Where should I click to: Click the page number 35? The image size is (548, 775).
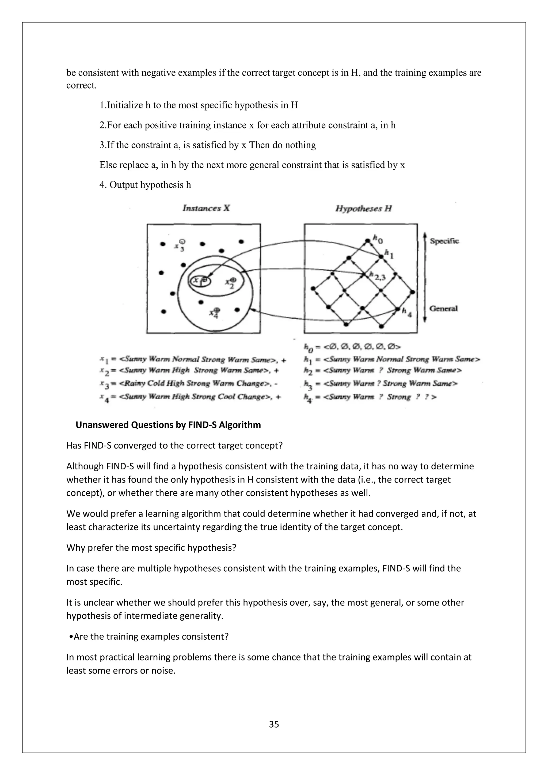274,724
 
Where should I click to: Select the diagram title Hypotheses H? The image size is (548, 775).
363,208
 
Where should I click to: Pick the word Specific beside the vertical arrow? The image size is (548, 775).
444,241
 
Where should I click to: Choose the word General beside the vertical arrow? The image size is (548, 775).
443,308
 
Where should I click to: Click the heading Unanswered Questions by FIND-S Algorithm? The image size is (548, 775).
168,425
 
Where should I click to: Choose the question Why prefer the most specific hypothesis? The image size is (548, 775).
151,547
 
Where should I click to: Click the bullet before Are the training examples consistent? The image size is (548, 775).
71,637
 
